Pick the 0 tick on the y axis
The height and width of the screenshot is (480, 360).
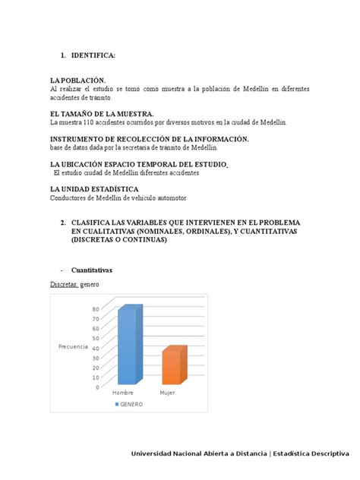coord(96,387)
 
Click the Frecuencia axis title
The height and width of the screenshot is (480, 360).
coord(73,346)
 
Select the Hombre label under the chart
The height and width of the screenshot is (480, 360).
coord(123,393)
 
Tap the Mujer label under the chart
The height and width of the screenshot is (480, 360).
coord(167,393)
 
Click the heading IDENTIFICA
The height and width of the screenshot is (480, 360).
coord(93,55)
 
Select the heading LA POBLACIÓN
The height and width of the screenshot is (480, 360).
coord(78,81)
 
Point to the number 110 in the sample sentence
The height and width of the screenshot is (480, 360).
coord(91,122)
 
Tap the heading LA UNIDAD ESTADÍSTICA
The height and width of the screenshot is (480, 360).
coord(93,188)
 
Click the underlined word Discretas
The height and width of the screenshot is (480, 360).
coord(64,284)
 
